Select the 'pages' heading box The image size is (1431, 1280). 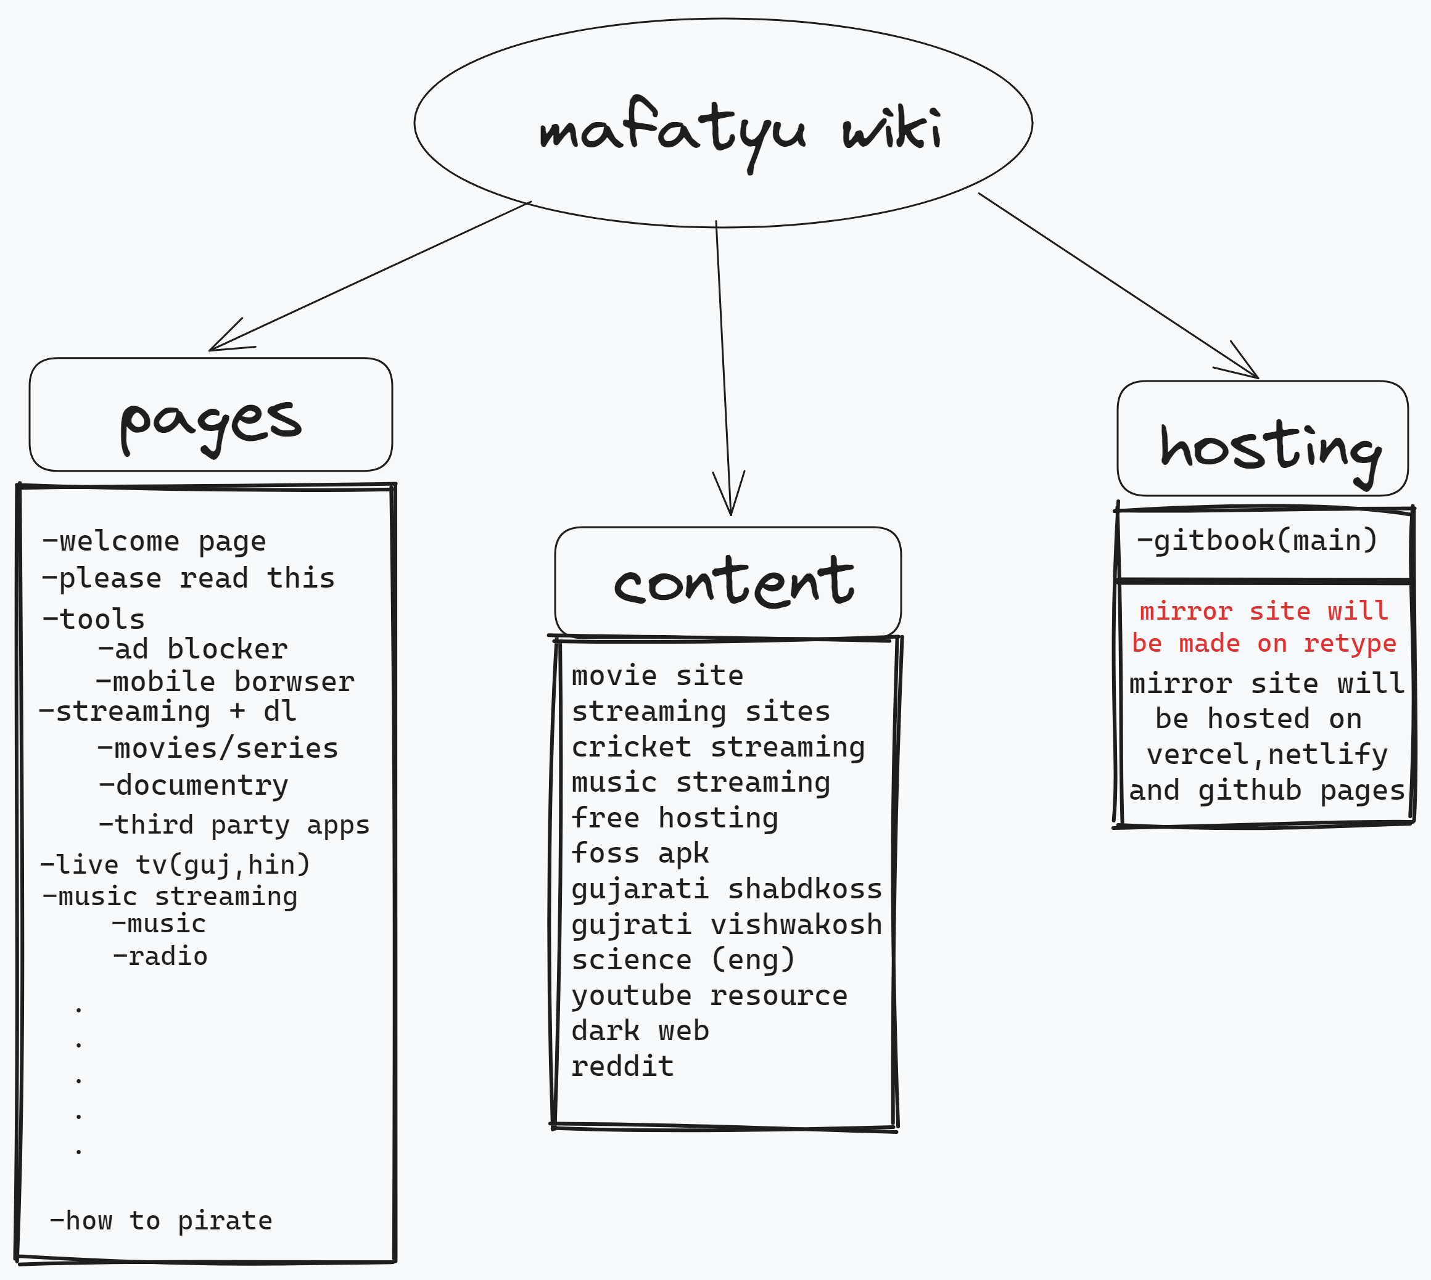pos(210,415)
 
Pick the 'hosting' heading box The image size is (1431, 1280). pos(1262,439)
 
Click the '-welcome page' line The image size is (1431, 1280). pos(154,541)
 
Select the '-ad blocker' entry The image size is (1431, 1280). pos(192,649)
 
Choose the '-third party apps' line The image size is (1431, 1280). pos(234,825)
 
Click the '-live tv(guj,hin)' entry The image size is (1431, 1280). pos(175,864)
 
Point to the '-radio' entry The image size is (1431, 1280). pos(160,956)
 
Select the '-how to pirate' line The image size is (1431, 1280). pos(160,1221)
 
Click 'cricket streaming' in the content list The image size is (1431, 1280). pos(717,747)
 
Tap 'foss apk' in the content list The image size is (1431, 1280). pos(640,853)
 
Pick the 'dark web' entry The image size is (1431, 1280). pos(640,1031)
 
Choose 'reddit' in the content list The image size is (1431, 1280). pos(622,1067)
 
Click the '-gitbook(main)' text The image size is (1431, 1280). pos(1256,540)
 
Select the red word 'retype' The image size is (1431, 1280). pos(1350,644)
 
